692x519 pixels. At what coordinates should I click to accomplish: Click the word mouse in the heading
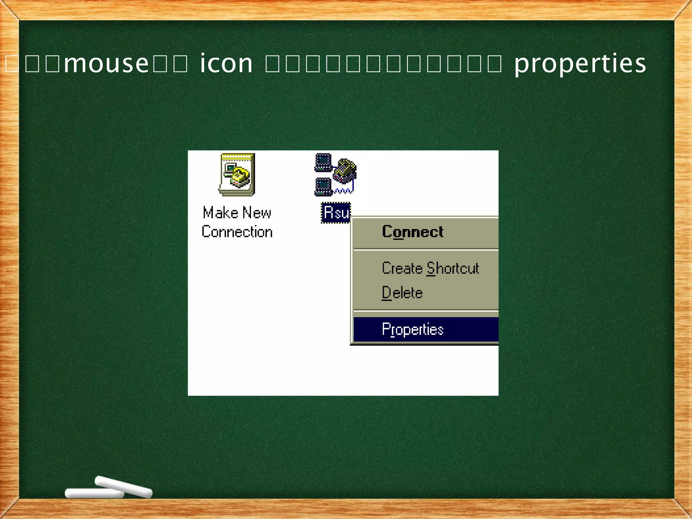pos(106,63)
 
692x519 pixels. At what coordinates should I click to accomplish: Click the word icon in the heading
pos(226,63)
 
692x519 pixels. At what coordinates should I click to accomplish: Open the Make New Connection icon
pos(237,175)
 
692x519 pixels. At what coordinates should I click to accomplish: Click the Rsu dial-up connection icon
pos(335,175)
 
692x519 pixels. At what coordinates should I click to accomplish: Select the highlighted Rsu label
pos(336,213)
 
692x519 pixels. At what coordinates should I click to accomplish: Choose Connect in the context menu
pos(413,232)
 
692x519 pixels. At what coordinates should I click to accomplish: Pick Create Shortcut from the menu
pos(430,268)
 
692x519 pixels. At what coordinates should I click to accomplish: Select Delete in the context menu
pos(402,293)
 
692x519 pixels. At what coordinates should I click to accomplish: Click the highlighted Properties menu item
pos(413,329)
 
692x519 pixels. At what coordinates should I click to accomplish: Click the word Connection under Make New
pos(237,232)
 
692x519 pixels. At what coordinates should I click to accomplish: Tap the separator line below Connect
pos(426,250)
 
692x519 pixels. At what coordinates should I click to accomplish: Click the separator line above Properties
pos(426,310)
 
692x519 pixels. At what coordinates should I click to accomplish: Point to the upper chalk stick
pos(124,487)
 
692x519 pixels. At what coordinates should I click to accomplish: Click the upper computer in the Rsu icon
pos(323,162)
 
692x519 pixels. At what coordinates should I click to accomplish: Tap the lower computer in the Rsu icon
pos(323,187)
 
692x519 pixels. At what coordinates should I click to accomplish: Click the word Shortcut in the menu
pos(452,268)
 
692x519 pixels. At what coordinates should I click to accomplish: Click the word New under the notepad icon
pos(257,213)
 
